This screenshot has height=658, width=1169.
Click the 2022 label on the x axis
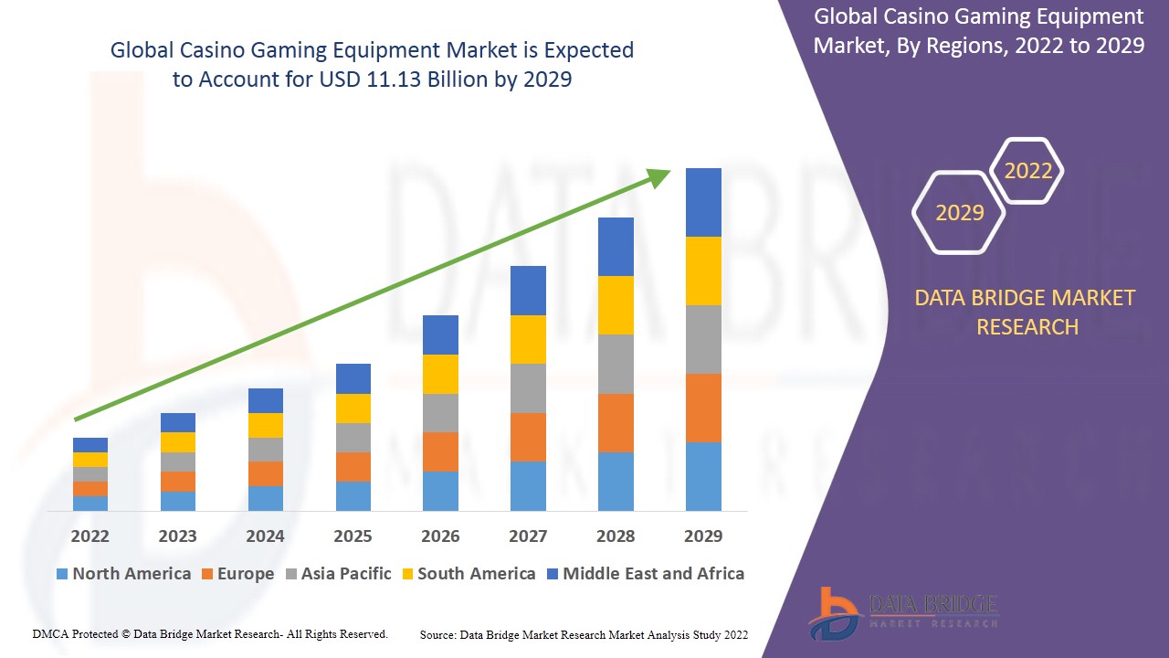pos(90,536)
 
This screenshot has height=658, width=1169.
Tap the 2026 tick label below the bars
pos(440,536)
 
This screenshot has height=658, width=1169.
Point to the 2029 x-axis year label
pos(703,536)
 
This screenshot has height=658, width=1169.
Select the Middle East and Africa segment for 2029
pos(703,202)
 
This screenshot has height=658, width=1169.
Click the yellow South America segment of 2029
pos(703,271)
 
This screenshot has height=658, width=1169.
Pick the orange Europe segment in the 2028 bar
pos(616,422)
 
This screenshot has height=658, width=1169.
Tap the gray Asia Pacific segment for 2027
pos(528,388)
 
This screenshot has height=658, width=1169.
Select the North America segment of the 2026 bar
pos(440,491)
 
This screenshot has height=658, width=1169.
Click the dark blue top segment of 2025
pos(353,378)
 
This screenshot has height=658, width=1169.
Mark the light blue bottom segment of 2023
pos(177,501)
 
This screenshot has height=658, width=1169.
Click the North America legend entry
pos(123,574)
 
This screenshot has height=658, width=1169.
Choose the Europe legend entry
pos(237,574)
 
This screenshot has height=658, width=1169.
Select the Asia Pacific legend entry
pos(338,574)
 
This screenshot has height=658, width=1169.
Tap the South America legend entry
pos(468,574)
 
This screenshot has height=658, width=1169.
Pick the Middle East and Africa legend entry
pos(645,574)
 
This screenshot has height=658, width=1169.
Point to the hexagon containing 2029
pos(959,212)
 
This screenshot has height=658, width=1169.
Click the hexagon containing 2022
pos(1027,171)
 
